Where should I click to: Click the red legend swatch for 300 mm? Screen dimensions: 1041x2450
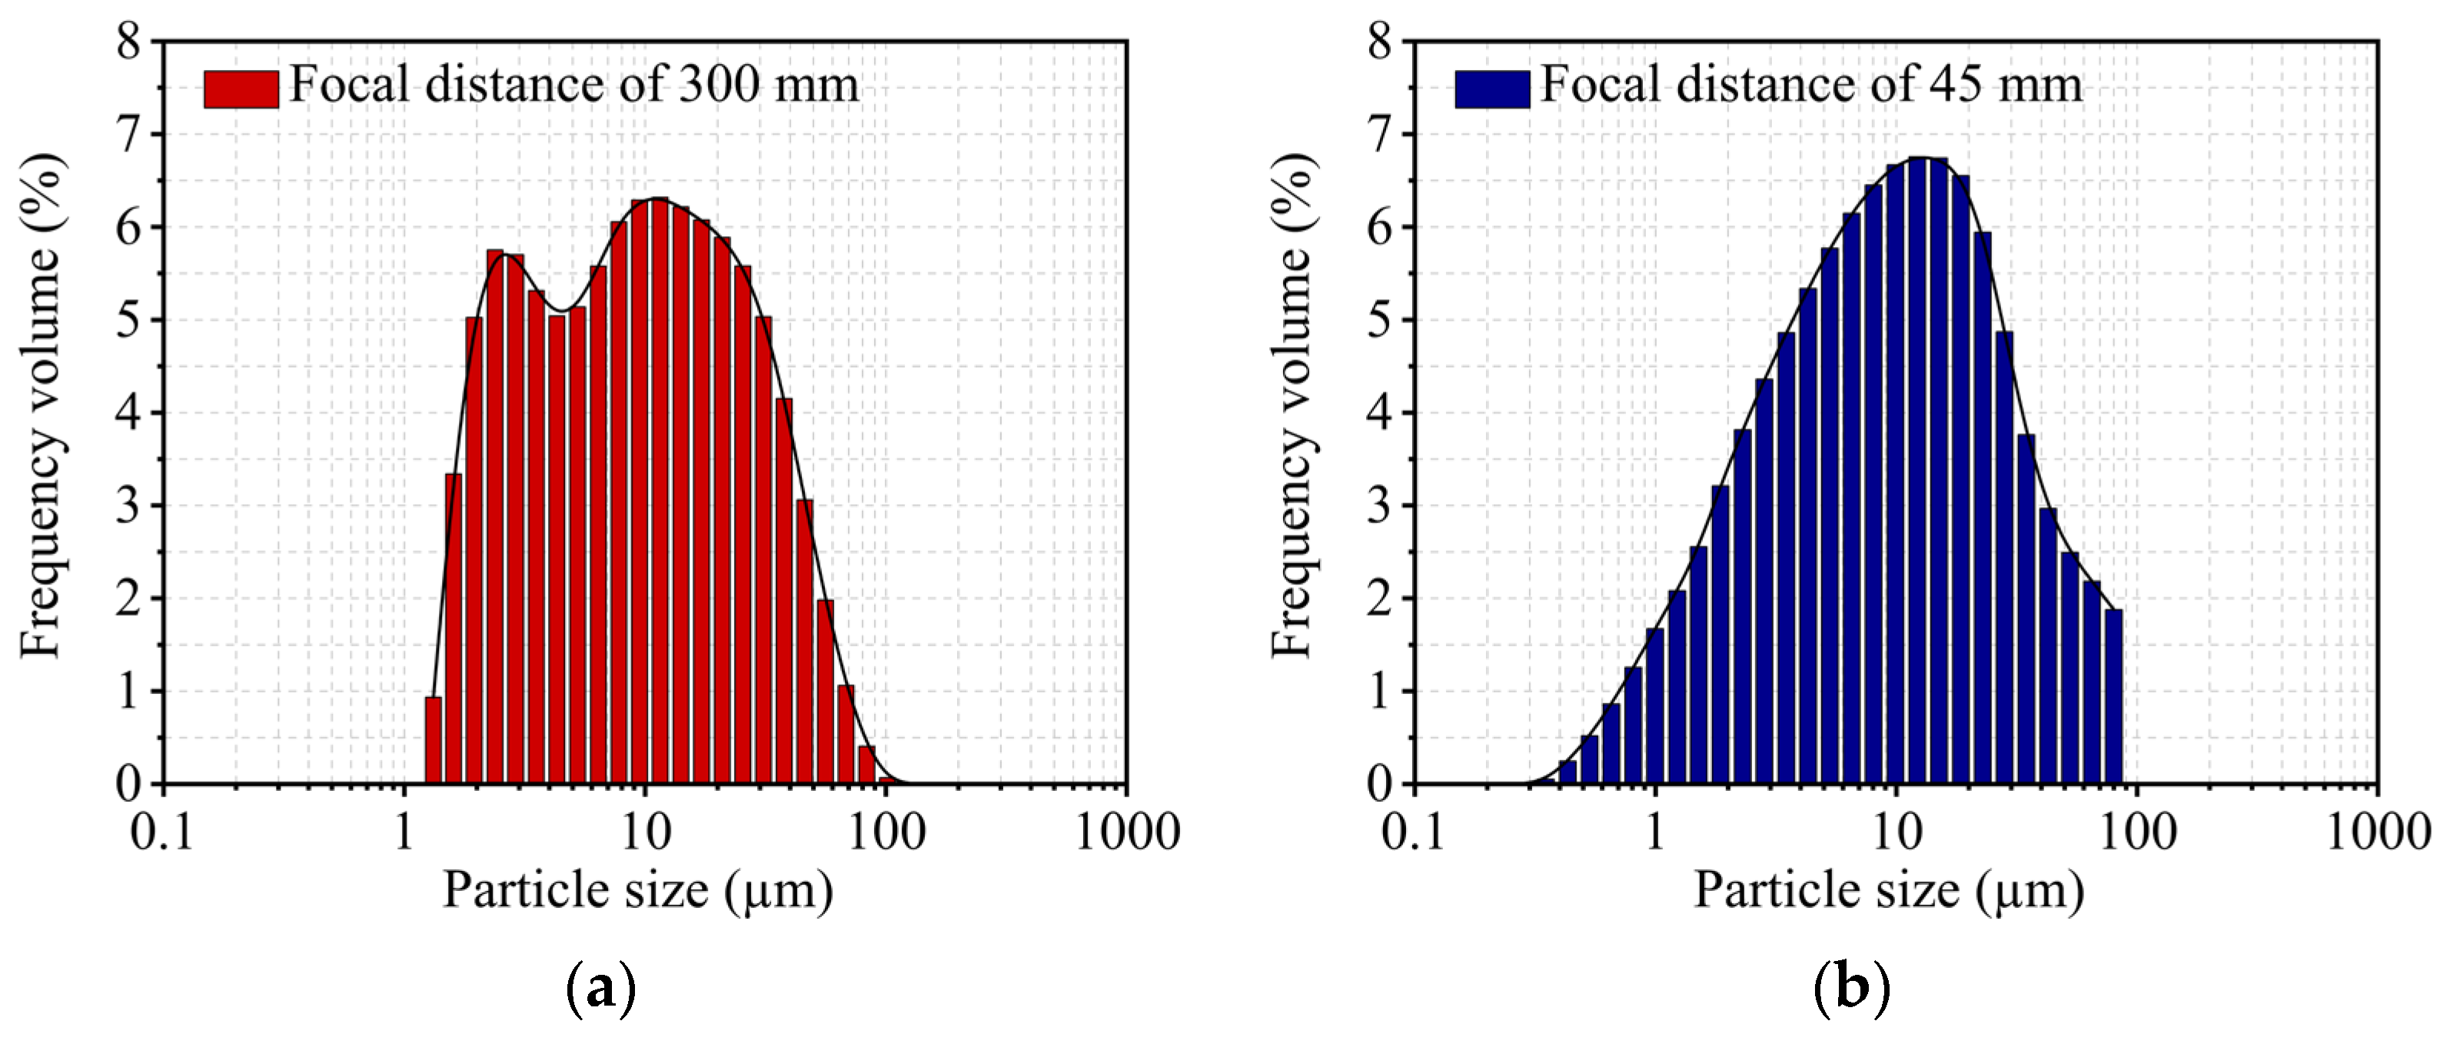[241, 88]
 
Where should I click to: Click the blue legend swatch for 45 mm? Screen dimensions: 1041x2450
[1491, 88]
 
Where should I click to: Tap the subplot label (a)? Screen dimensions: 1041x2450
[600, 989]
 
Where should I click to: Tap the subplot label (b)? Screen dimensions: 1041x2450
[1851, 989]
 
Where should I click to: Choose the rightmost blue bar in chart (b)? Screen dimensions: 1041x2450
[2113, 696]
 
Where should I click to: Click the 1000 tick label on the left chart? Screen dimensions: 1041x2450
[1127, 832]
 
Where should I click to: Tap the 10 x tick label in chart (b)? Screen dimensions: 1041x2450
[1897, 832]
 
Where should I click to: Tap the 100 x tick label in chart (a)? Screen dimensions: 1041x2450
[886, 832]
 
